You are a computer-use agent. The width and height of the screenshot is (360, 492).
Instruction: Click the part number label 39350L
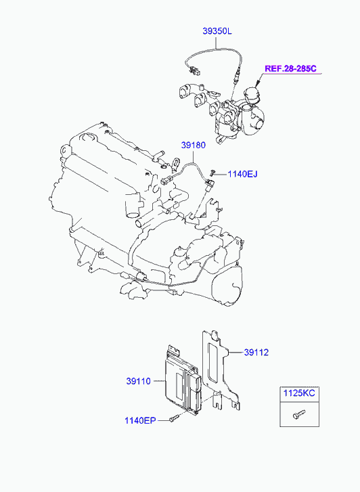[x=217, y=31]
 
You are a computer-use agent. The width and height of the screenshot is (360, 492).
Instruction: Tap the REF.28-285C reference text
[x=290, y=69]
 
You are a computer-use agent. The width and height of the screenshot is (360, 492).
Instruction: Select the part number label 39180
[x=194, y=146]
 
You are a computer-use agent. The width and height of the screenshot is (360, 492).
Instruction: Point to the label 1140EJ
[x=242, y=174]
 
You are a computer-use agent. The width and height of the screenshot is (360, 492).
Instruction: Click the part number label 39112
[x=256, y=353]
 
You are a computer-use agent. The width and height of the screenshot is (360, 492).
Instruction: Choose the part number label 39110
[x=139, y=381]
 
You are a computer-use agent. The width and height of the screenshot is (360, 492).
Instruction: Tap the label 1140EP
[x=140, y=420]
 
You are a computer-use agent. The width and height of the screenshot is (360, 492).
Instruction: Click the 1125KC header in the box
[x=299, y=393]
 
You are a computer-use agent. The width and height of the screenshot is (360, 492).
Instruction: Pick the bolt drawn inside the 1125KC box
[x=298, y=414]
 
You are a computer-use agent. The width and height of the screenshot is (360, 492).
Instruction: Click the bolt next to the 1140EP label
[x=173, y=418]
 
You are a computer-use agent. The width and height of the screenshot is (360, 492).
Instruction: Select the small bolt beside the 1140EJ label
[x=213, y=172]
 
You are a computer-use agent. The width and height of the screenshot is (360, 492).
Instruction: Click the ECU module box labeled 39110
[x=182, y=380]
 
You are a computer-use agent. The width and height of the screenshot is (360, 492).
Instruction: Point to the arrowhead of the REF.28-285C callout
[x=257, y=84]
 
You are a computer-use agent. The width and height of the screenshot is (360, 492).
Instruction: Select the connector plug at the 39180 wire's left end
[x=165, y=181]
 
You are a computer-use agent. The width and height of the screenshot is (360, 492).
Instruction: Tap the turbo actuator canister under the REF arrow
[x=252, y=95]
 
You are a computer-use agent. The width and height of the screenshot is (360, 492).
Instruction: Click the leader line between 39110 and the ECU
[x=159, y=381]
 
